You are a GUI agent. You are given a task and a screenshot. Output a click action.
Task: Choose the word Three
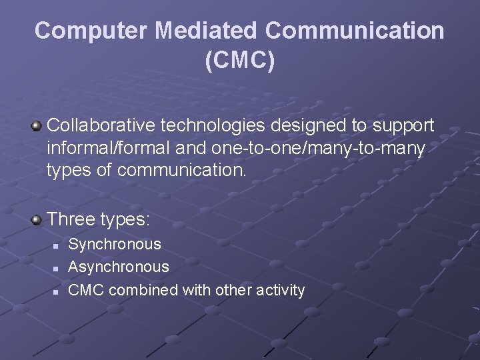(72, 219)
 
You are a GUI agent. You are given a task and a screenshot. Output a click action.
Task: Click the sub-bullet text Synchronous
(115, 245)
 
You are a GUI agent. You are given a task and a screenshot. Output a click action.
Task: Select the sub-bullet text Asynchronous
(119, 267)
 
